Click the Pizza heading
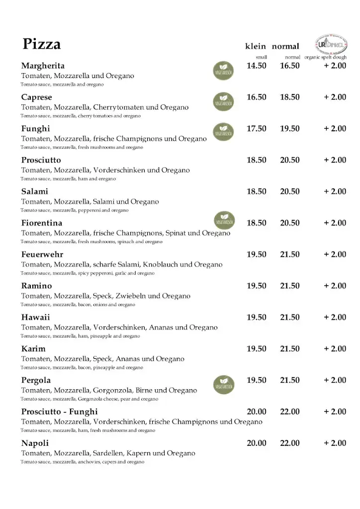point(41,44)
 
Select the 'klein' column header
point(256,47)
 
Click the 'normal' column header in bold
point(285,47)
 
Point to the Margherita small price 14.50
point(257,66)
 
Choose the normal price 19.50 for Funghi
point(290,129)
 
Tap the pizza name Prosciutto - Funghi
point(59,412)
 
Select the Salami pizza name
point(35,191)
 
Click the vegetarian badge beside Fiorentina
point(224,219)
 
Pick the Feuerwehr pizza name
point(42,254)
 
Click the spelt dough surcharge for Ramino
point(335,286)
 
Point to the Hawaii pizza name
point(36,317)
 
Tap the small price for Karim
point(257,349)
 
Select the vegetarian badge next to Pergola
point(224,384)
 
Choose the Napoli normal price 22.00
point(290,443)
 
